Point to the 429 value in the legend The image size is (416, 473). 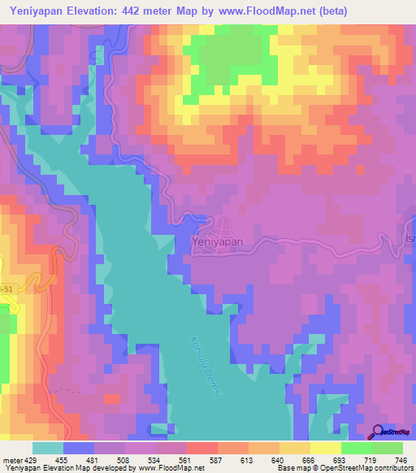30,459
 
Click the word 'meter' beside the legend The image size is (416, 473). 11,459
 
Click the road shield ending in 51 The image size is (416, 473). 6,289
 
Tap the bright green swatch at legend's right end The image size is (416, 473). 387,448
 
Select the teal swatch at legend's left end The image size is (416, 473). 47,448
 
